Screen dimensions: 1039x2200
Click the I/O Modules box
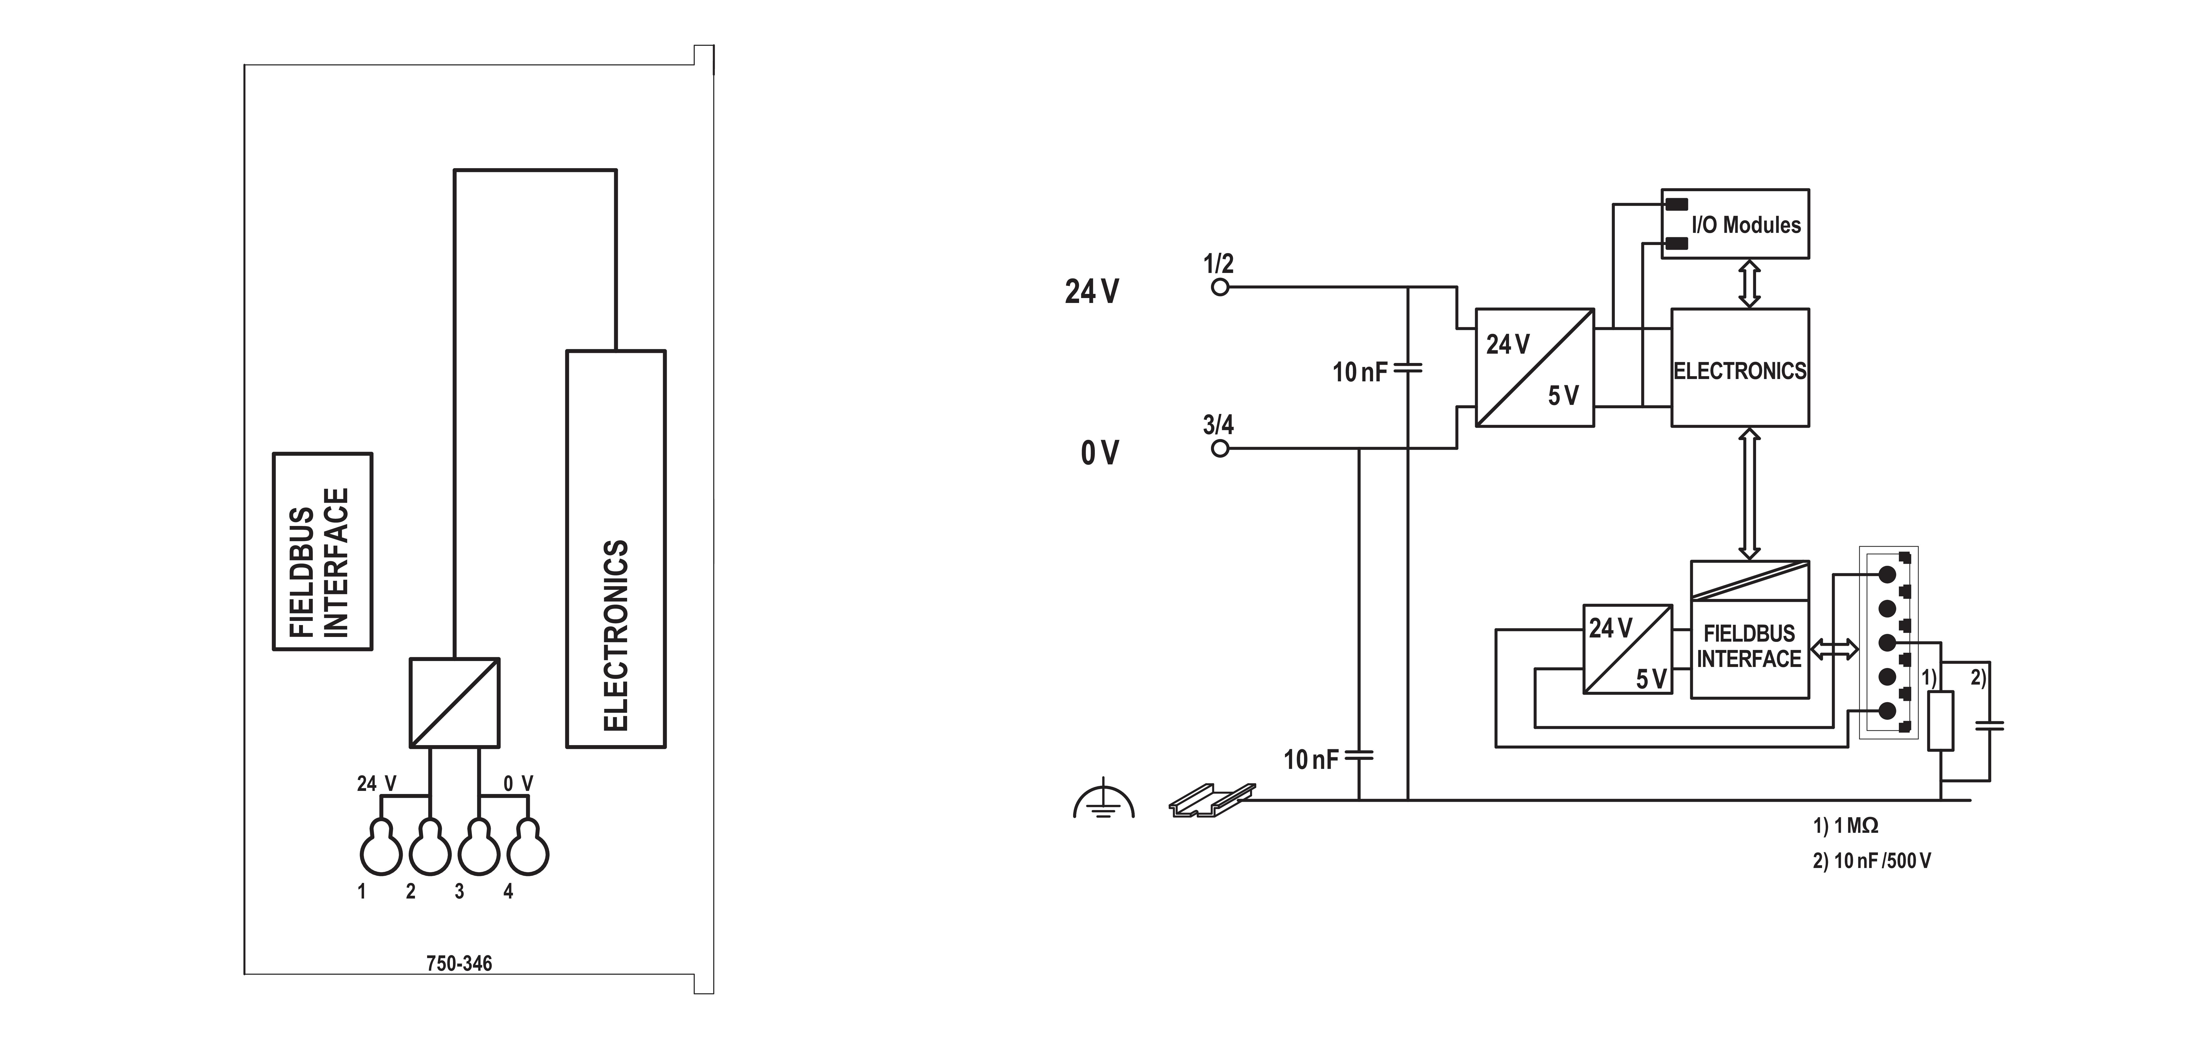point(1735,224)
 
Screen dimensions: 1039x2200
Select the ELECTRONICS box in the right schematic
point(1740,368)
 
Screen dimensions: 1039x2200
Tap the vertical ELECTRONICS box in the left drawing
point(616,549)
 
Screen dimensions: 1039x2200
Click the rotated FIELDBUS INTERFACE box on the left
point(322,552)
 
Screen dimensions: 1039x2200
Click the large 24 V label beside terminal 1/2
point(1091,292)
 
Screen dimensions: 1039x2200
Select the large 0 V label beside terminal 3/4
point(1099,452)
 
